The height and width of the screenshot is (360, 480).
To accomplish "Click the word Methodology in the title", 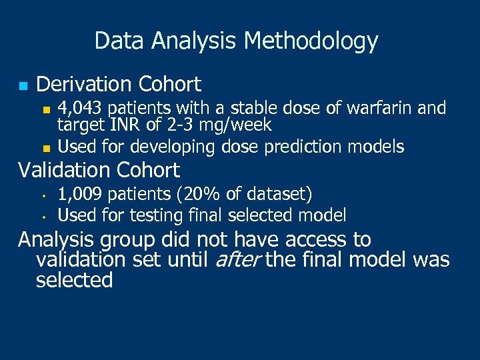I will (311, 41).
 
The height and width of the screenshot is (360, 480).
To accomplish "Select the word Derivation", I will (85, 85).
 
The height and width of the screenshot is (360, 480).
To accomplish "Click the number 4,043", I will (81, 108).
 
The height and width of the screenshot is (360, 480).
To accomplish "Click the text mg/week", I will (237, 125).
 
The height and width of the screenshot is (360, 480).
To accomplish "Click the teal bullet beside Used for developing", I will (45, 145).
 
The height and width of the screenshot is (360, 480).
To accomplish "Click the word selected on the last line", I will (74, 281).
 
